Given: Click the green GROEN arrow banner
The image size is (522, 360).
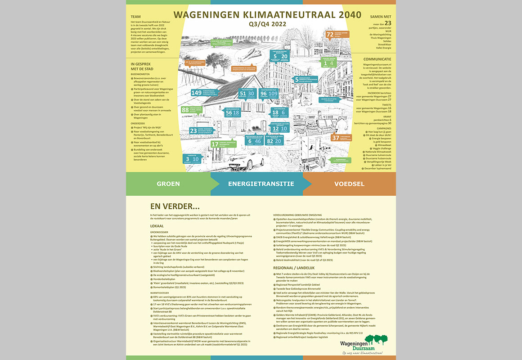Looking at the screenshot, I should click(x=168, y=184).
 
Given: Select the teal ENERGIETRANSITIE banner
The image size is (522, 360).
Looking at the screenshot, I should click(x=261, y=184).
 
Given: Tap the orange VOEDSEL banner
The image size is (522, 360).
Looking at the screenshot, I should click(x=349, y=184).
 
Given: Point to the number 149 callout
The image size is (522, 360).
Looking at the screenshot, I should click(x=197, y=93).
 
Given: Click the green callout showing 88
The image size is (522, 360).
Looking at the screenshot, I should click(x=185, y=110).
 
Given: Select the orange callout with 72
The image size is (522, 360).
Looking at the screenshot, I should click(x=330, y=34).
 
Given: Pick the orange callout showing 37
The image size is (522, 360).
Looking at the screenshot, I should click(x=335, y=138).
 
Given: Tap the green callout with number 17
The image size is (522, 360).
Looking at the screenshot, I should click(x=215, y=144).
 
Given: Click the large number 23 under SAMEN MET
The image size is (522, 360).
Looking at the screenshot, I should click(x=388, y=23).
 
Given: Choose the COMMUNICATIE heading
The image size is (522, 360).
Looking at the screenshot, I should click(x=377, y=59).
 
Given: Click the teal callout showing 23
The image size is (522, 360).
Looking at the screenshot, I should click(x=193, y=130).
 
